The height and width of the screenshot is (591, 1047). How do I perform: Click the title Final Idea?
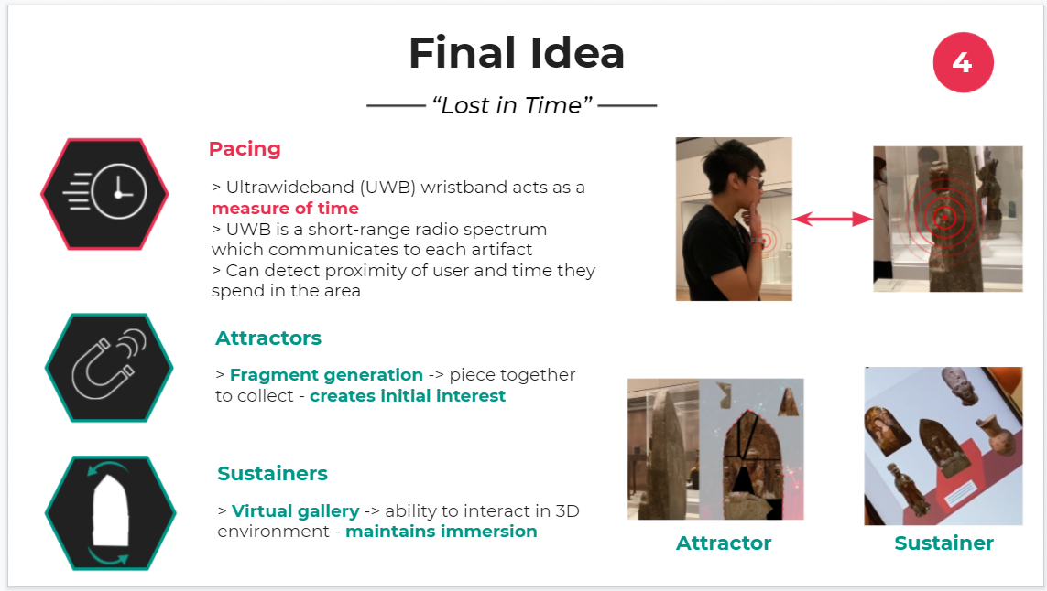[x=516, y=53]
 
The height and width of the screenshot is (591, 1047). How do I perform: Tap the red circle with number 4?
[x=963, y=62]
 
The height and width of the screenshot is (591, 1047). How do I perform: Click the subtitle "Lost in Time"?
[x=512, y=105]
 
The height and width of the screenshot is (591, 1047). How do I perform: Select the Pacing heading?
[x=245, y=149]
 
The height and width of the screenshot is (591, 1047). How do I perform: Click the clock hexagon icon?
[x=104, y=193]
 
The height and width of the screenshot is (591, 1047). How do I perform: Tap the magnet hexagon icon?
[x=109, y=368]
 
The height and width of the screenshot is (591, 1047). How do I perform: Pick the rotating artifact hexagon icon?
[x=110, y=513]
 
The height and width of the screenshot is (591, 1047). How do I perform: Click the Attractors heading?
[x=268, y=338]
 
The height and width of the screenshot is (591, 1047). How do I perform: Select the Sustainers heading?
[x=272, y=474]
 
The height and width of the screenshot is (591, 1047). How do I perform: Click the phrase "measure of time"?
[x=285, y=208]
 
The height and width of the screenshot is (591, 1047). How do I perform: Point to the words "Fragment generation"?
[x=326, y=375]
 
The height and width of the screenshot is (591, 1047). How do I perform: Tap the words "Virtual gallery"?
[x=295, y=511]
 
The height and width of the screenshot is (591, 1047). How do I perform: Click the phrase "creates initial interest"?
[x=408, y=396]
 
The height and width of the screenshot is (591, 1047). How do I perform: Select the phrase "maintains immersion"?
[x=442, y=532]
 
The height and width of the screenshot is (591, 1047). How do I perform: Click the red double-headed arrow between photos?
[x=833, y=219]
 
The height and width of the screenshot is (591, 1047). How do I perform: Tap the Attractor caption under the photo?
[x=724, y=543]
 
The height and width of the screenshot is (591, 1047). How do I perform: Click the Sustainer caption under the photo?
[x=943, y=543]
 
